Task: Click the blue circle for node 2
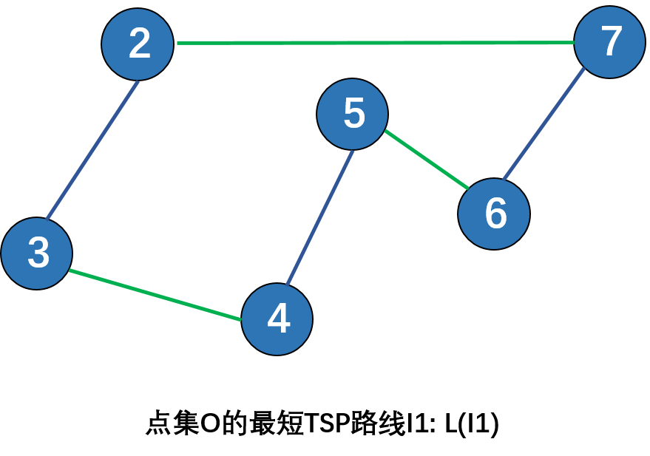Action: click(x=138, y=44)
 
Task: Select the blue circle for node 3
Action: click(x=37, y=253)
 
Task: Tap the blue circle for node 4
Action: click(x=277, y=319)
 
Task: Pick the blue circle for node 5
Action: click(x=353, y=114)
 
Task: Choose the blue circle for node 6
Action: click(x=494, y=214)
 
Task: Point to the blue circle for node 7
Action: click(x=609, y=42)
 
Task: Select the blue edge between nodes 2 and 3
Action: click(x=92, y=151)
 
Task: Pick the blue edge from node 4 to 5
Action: click(x=319, y=219)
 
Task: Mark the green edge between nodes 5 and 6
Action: click(x=427, y=159)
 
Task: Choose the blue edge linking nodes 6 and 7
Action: click(x=544, y=124)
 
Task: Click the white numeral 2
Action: click(x=139, y=44)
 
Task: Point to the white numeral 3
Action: click(x=38, y=253)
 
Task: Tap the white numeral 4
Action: click(x=279, y=319)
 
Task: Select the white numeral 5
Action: click(x=354, y=114)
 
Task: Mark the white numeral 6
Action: click(x=495, y=214)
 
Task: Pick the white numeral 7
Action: click(x=612, y=41)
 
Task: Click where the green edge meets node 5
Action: click(x=385, y=131)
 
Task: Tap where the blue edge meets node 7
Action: click(x=585, y=69)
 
